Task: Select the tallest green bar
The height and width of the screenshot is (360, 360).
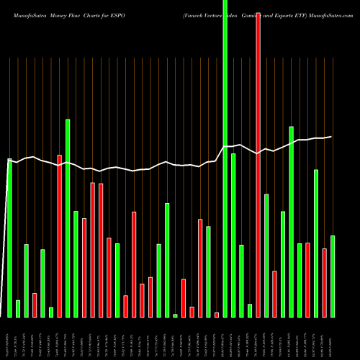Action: [225, 158]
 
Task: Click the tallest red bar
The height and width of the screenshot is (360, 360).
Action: [258, 158]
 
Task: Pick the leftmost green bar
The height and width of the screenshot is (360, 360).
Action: [10, 238]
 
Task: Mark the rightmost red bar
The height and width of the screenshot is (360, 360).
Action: [324, 282]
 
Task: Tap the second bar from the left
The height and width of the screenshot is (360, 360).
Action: [18, 308]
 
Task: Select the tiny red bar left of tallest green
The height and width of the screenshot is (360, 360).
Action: [217, 315]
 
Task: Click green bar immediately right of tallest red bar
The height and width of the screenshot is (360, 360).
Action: [266, 256]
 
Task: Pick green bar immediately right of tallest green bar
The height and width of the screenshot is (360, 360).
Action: [233, 235]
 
